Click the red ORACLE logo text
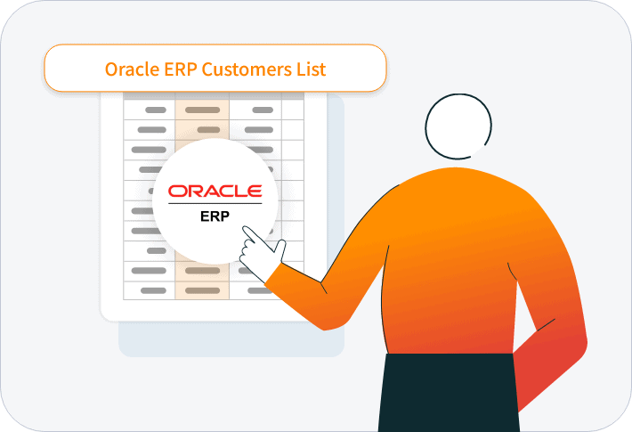pos(215,192)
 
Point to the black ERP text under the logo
pos(215,215)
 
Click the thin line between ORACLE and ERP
pos(215,204)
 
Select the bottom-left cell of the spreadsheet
pos(149,290)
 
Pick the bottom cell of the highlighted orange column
pos(202,290)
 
